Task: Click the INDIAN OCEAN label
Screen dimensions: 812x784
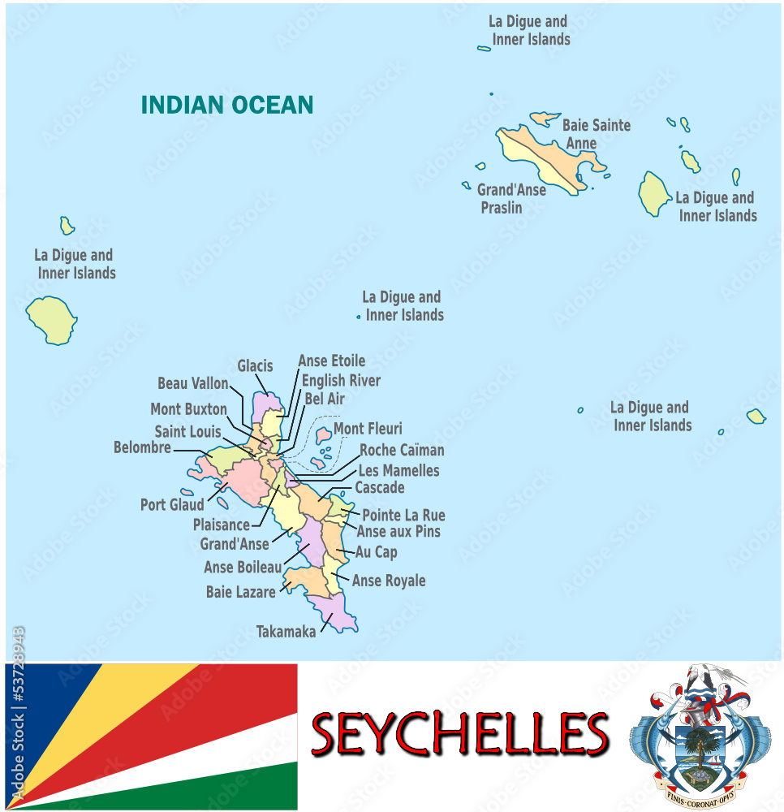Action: pyautogui.click(x=227, y=105)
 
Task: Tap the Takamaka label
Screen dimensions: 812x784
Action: pyautogui.click(x=286, y=631)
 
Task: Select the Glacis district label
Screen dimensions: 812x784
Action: pyautogui.click(x=255, y=366)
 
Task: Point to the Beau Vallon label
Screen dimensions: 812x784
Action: pyautogui.click(x=192, y=383)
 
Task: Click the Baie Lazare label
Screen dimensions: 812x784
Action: pyautogui.click(x=240, y=592)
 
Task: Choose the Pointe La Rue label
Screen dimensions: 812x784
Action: pyautogui.click(x=403, y=515)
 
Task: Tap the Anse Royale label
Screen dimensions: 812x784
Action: pyautogui.click(x=389, y=581)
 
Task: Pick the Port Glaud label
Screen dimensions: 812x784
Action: pyautogui.click(x=172, y=504)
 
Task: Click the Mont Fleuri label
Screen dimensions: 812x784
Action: pyautogui.click(x=368, y=428)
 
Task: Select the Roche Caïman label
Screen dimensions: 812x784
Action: pyautogui.click(x=402, y=450)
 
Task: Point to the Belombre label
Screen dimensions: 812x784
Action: pyautogui.click(x=142, y=447)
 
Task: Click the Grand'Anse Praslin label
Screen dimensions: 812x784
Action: pyautogui.click(x=511, y=198)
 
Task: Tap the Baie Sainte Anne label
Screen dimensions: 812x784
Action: pyautogui.click(x=596, y=134)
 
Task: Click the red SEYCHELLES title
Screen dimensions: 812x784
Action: pyautogui.click(x=460, y=734)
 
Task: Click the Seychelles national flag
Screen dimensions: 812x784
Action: pyautogui.click(x=152, y=736)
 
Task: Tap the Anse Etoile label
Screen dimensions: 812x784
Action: pyautogui.click(x=331, y=361)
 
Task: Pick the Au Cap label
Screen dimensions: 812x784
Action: pyautogui.click(x=377, y=552)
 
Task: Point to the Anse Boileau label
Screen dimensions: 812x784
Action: pyautogui.click(x=243, y=567)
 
